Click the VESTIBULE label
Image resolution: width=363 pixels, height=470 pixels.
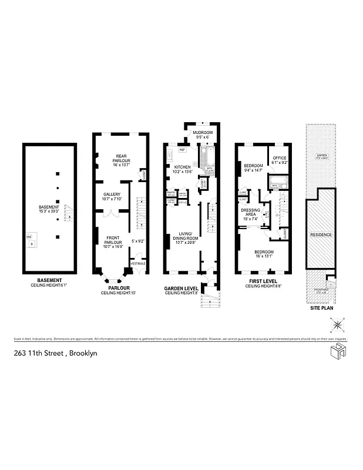[137, 263]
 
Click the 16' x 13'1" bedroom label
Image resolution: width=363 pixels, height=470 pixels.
[264, 253]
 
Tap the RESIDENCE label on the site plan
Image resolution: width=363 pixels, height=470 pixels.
[321, 235]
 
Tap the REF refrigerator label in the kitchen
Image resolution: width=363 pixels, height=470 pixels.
[182, 150]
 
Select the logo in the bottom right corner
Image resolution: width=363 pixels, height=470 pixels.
[336, 353]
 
